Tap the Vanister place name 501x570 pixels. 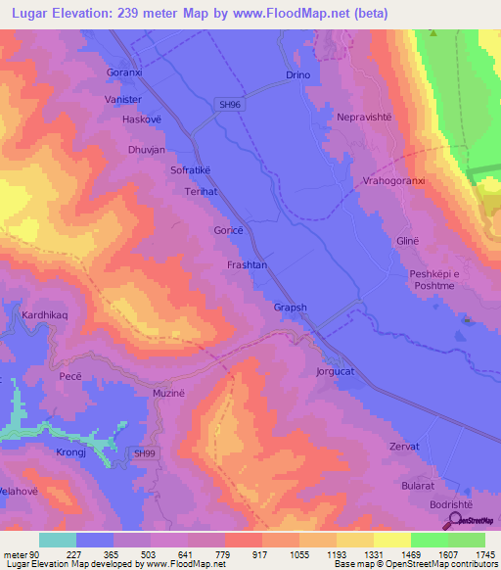[124, 100]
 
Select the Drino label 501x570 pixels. [297, 75]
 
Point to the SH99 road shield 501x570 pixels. [144, 453]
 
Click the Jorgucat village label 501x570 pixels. [338, 372]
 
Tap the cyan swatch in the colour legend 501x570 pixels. [58, 540]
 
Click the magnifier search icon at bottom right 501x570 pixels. [455, 521]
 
